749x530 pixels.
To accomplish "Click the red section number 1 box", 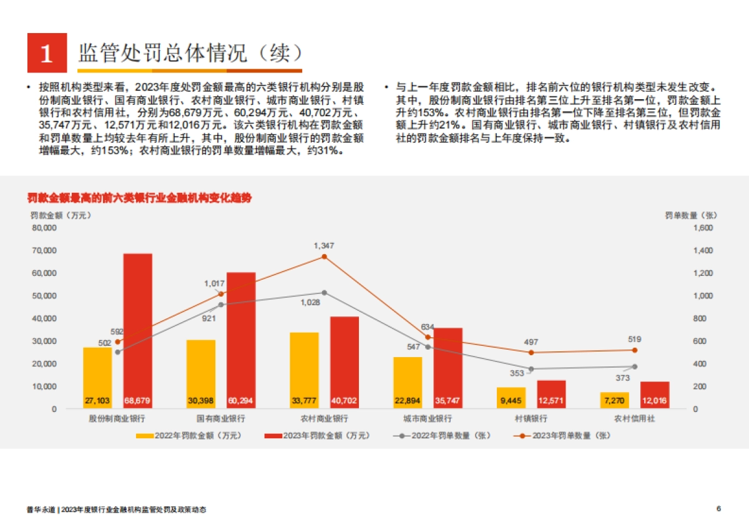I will (47, 53).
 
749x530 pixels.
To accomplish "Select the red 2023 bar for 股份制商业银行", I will (138, 331).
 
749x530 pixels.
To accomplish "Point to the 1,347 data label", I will (324, 245).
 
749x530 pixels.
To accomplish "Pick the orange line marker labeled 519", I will (635, 350).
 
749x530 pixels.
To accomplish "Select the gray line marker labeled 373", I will (635, 366).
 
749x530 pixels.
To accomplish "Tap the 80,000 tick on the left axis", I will (44, 228).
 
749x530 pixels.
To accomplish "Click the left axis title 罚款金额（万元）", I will (61, 215).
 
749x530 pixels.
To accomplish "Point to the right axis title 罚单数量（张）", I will (691, 215).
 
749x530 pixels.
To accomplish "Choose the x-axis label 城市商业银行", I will (427, 418).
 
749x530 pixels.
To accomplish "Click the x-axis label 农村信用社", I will (635, 418).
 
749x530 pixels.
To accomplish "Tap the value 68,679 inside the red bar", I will (138, 400).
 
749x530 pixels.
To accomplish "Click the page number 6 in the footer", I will (719, 509).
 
